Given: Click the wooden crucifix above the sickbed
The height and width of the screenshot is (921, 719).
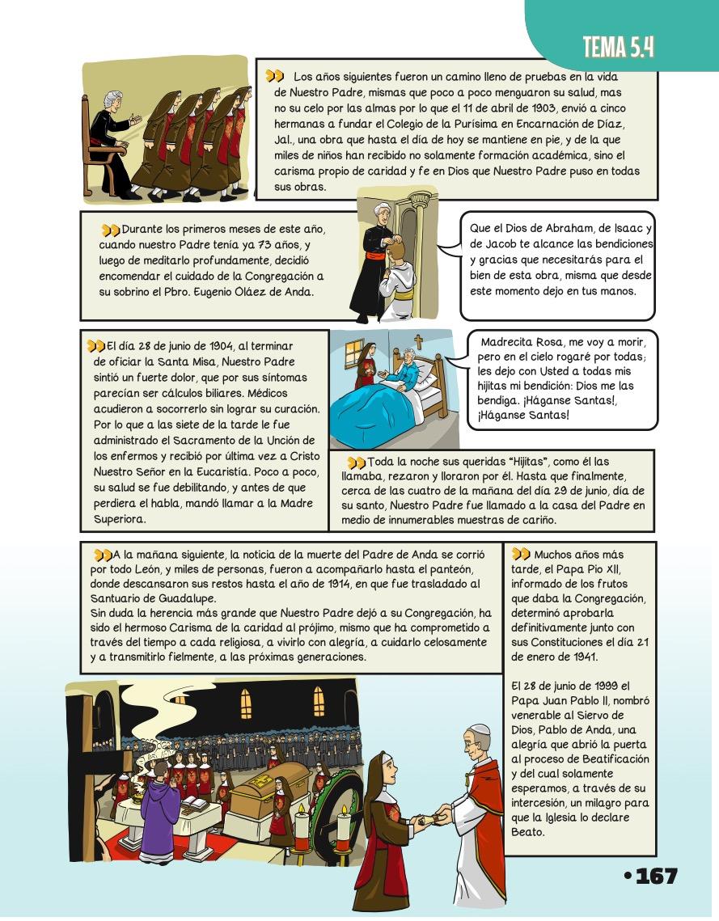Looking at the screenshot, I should (x=418, y=342).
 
